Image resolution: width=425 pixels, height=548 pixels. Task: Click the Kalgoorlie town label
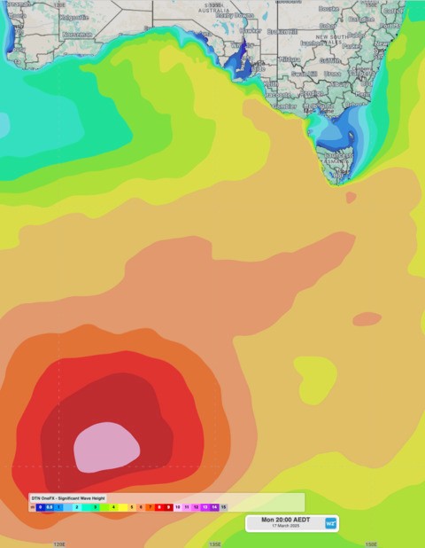click(73, 16)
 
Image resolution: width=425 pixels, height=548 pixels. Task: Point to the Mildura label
click(289, 59)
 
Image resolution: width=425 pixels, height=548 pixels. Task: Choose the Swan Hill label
click(304, 74)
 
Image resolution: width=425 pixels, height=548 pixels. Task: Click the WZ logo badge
click(330, 523)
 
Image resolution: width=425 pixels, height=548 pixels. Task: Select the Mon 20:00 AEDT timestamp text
click(286, 520)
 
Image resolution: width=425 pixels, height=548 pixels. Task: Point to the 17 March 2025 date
click(286, 527)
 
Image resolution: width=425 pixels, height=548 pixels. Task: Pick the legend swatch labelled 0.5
click(49, 506)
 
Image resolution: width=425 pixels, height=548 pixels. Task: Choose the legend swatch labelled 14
click(213, 506)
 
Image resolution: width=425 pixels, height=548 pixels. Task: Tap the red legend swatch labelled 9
click(168, 506)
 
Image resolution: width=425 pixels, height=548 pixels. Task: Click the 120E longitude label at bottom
click(59, 544)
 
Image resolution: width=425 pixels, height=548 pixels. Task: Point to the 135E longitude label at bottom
click(215, 544)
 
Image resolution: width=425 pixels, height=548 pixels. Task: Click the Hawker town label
click(251, 31)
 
